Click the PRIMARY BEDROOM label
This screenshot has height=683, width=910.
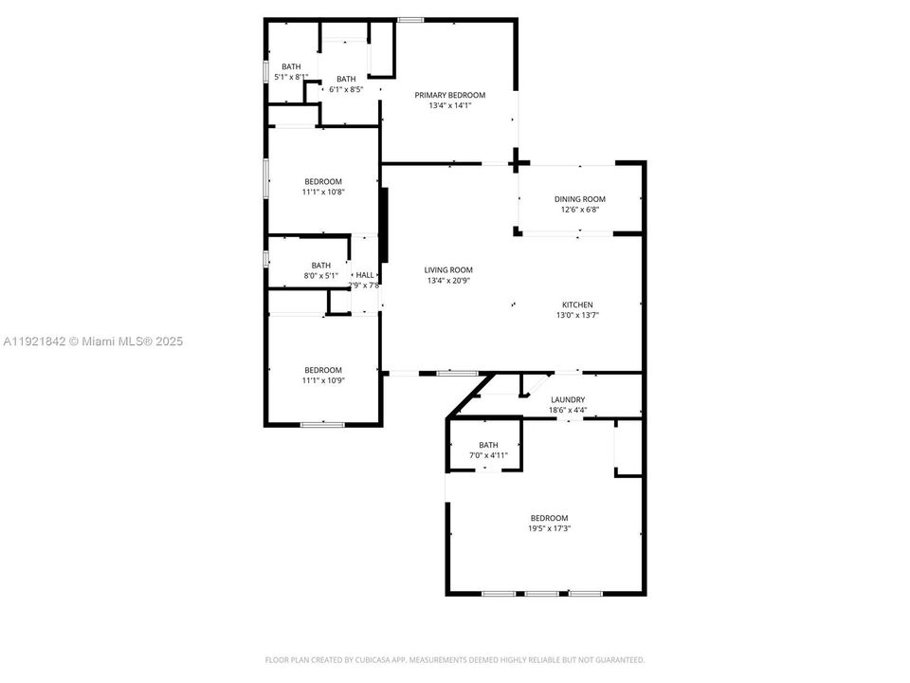click(x=449, y=95)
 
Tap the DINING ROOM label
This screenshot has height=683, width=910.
click(x=579, y=199)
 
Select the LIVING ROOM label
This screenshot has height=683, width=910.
click(x=448, y=270)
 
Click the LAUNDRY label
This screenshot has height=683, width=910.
click(x=568, y=400)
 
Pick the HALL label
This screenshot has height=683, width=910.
click(x=364, y=274)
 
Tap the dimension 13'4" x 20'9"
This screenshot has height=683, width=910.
click(x=448, y=281)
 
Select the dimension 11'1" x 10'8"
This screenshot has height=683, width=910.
click(x=322, y=192)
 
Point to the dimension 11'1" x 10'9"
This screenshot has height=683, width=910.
click(x=322, y=380)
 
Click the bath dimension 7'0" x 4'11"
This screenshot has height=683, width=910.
click(x=488, y=455)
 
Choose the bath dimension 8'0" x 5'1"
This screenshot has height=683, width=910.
click(x=321, y=276)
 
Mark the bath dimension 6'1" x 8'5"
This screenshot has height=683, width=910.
click(x=345, y=89)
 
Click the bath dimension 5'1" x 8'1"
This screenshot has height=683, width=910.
click(x=291, y=77)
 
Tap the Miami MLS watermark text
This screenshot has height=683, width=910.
click(x=93, y=341)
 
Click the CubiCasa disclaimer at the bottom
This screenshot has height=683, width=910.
click(x=454, y=659)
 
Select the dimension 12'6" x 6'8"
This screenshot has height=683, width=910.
click(x=579, y=210)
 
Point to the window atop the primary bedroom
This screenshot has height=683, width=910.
click(x=409, y=20)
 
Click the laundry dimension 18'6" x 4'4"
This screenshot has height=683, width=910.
click(x=568, y=411)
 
